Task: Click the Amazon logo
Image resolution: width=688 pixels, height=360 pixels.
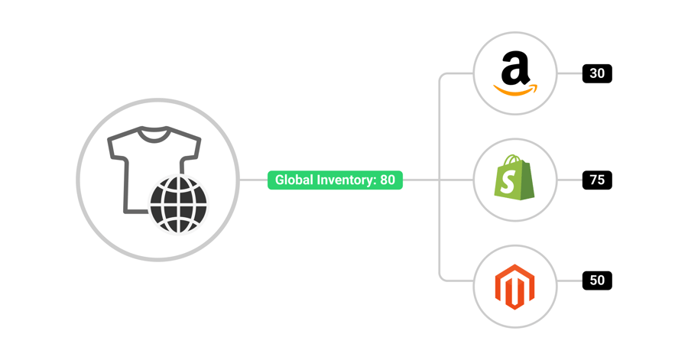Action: click(515, 75)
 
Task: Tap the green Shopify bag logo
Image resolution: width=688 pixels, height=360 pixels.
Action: click(514, 180)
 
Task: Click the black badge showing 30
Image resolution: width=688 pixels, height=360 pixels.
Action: click(597, 74)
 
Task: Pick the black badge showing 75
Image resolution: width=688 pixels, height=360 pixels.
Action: click(597, 180)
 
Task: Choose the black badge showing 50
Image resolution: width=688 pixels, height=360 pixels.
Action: click(597, 281)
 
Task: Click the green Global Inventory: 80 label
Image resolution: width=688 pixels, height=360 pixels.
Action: click(335, 180)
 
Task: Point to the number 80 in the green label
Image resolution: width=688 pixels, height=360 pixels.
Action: click(388, 180)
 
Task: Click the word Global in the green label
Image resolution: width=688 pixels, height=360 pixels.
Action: click(292, 180)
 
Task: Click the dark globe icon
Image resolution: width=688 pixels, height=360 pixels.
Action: click(178, 203)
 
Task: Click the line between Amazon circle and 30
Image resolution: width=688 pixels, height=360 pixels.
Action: click(570, 74)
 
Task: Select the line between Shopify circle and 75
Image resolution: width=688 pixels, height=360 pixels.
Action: click(570, 180)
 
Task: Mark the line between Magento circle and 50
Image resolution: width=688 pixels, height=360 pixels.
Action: click(570, 281)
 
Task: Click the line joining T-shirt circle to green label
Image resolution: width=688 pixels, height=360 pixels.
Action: click(252, 180)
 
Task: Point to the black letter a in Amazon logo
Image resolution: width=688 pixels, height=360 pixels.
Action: click(515, 70)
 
